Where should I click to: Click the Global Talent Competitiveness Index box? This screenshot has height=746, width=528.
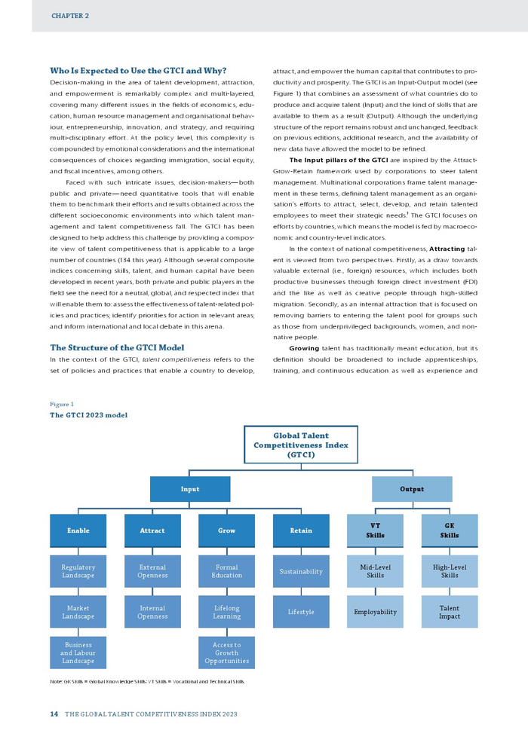[301, 445]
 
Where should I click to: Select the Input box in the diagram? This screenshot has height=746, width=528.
[190, 489]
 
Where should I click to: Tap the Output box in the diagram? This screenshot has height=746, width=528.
[412, 489]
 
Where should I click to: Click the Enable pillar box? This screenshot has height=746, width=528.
[78, 530]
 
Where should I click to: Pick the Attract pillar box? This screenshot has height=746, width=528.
[152, 530]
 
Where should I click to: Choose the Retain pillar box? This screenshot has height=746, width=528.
[301, 530]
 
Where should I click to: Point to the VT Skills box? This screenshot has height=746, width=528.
[375, 530]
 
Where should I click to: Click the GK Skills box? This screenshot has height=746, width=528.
[450, 530]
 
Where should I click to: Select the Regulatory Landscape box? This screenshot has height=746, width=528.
[78, 571]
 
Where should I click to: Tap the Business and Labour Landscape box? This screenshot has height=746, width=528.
[78, 653]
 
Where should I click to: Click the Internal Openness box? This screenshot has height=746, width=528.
[152, 612]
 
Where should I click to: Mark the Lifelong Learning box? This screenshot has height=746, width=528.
[226, 612]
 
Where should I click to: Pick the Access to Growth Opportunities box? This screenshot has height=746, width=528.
[226, 653]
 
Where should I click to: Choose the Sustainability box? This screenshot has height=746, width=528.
[301, 571]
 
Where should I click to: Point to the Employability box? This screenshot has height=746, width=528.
[375, 612]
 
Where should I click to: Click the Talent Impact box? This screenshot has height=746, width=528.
[450, 612]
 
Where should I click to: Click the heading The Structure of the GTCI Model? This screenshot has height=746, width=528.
[117, 347]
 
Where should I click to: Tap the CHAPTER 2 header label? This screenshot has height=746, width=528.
[70, 16]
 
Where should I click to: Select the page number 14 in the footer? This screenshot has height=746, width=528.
[54, 714]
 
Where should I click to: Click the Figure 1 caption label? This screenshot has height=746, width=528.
[62, 404]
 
